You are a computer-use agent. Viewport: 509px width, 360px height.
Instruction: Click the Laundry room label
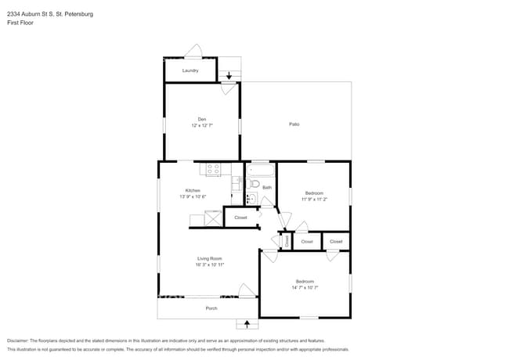click(x=190, y=70)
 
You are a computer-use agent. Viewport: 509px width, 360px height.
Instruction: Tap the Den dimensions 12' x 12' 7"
click(x=201, y=124)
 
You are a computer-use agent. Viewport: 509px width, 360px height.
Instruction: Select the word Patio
click(x=294, y=124)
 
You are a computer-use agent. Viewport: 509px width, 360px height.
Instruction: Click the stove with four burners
click(x=213, y=169)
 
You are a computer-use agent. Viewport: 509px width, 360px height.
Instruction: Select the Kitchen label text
click(x=193, y=190)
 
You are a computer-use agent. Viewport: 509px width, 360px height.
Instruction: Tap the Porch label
click(x=211, y=308)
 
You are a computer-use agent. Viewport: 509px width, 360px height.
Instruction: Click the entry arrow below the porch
click(x=247, y=323)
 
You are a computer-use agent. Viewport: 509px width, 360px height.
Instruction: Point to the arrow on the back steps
click(x=229, y=76)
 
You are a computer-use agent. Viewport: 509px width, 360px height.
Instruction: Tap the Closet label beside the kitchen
click(x=240, y=218)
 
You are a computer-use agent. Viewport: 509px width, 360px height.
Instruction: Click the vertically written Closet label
click(x=287, y=242)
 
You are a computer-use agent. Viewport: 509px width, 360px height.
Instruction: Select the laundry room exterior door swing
click(x=193, y=52)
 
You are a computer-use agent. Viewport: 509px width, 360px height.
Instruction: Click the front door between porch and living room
click(x=247, y=292)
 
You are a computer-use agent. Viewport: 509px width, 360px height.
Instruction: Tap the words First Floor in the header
click(x=20, y=23)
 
